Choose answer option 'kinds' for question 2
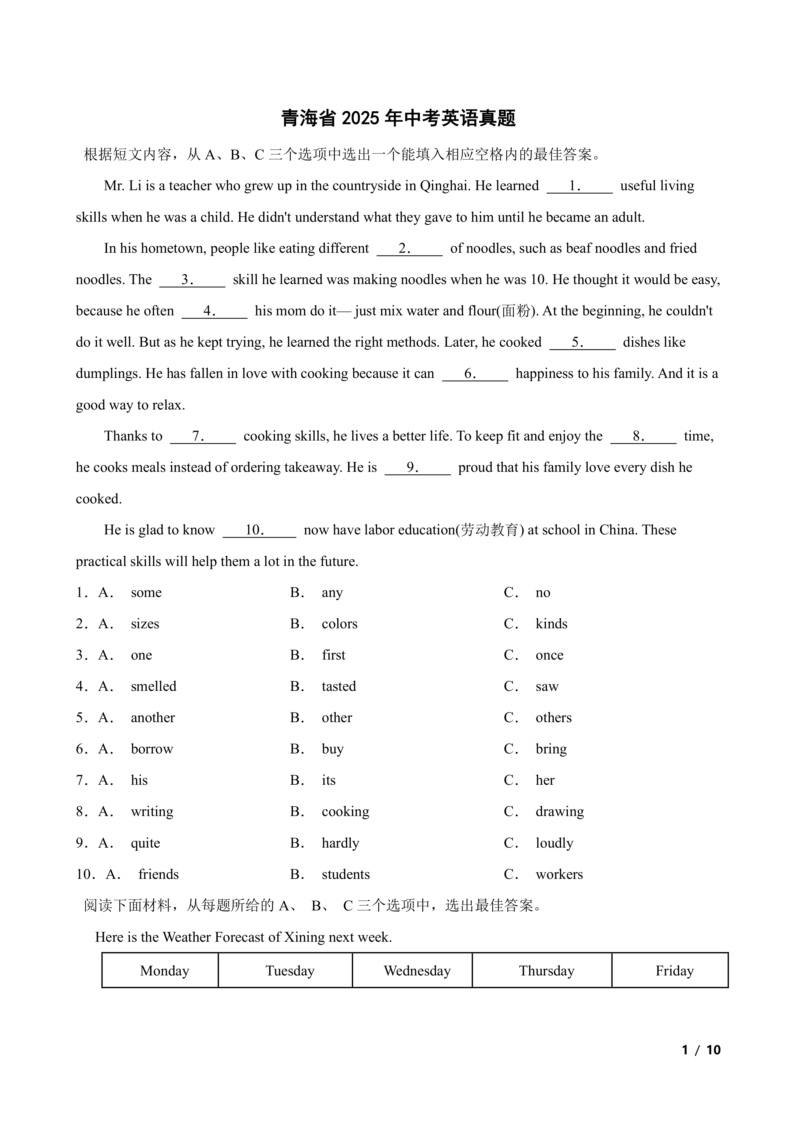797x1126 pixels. click(x=551, y=624)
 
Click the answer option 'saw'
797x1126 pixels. click(x=547, y=687)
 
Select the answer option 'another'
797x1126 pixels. click(x=153, y=718)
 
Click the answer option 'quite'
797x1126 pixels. click(x=145, y=843)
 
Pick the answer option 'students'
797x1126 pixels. click(x=346, y=874)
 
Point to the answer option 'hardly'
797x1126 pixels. click(x=340, y=843)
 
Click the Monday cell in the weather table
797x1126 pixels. click(x=164, y=971)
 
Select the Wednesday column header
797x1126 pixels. click(x=417, y=971)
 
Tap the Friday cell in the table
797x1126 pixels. click(x=674, y=971)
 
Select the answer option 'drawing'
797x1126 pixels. click(x=560, y=812)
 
